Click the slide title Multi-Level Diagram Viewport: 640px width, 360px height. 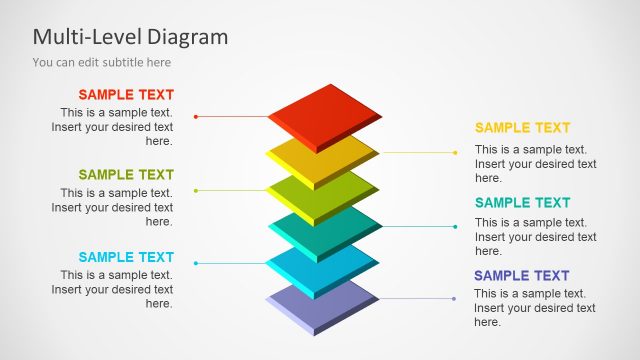(130, 37)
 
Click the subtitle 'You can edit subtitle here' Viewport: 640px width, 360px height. (101, 62)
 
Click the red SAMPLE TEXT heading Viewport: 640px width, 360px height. (126, 95)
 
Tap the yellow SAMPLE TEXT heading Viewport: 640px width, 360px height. (522, 128)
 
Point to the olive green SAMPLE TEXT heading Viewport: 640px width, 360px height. (126, 175)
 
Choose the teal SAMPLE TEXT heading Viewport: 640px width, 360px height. (522, 203)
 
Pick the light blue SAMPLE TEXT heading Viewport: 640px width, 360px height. (126, 257)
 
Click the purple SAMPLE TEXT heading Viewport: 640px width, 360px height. (522, 276)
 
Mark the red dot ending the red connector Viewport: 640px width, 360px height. (195, 117)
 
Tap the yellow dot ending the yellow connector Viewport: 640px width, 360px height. (454, 153)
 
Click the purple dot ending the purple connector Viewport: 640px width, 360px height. (454, 299)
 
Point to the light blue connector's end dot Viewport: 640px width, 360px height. (195, 264)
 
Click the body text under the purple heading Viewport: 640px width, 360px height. (534, 308)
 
